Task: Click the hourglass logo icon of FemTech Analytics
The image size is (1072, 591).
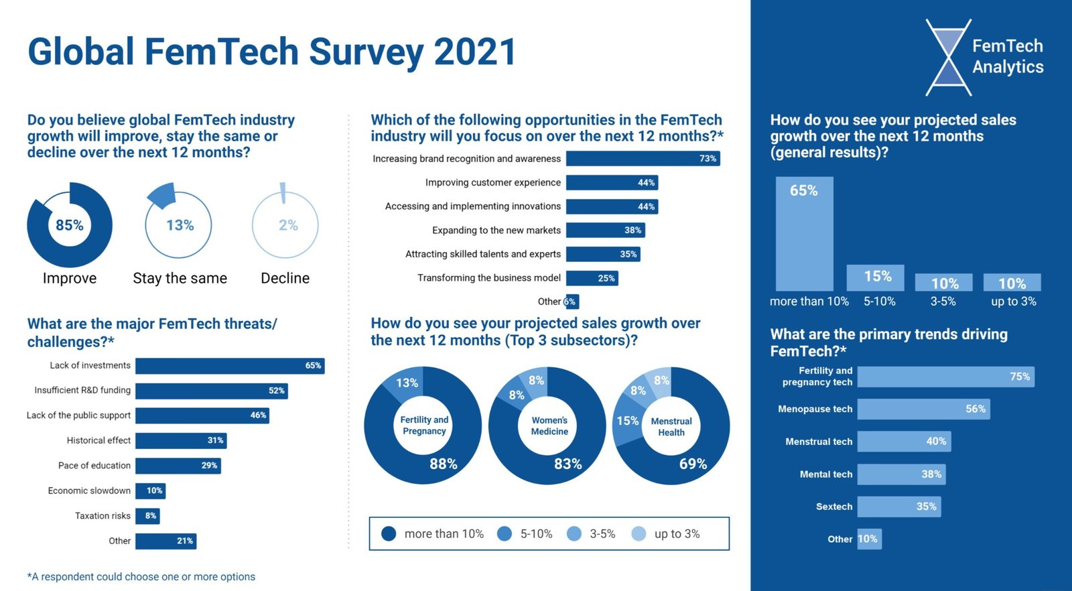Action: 949,57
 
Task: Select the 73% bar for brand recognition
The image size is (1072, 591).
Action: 643,159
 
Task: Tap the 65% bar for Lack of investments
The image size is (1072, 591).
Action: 230,366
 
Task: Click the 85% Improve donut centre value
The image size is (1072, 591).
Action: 70,225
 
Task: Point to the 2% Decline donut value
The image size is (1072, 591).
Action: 288,225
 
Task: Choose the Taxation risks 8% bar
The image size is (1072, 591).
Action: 147,516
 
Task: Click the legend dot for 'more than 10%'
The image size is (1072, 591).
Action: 389,534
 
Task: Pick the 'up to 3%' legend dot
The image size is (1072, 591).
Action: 639,534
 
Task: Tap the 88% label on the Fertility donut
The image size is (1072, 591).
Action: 443,464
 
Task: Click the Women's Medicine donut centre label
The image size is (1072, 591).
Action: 549,426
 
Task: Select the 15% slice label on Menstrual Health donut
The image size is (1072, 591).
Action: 628,421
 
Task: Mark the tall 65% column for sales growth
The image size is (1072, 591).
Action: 804,234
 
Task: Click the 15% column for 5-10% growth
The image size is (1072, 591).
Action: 876,277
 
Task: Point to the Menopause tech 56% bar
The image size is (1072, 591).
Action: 923,409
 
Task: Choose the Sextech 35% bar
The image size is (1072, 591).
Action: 898,507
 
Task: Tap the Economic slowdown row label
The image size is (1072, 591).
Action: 89,491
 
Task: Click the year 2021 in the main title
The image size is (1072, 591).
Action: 475,52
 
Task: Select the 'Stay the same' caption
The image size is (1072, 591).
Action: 180,278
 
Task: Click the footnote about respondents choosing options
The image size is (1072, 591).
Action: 141,577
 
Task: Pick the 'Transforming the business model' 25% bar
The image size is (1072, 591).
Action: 592,278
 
